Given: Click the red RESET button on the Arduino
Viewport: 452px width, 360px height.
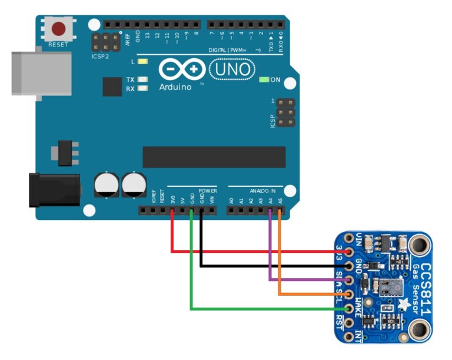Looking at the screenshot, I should pyautogui.click(x=59, y=28).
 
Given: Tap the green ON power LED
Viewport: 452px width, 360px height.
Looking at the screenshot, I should pyautogui.click(x=263, y=79).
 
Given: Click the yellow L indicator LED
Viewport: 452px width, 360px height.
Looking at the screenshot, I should pyautogui.click(x=143, y=62).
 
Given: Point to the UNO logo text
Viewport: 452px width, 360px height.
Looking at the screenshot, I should pyautogui.click(x=232, y=70).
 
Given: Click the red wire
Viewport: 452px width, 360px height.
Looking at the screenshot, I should pyautogui.click(x=247, y=252).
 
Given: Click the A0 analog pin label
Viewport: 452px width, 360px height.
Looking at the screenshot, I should pyautogui.click(x=231, y=201).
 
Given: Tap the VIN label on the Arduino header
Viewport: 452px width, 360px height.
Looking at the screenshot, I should pyautogui.click(x=212, y=201).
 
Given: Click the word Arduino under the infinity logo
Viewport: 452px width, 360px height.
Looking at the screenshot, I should pyautogui.click(x=175, y=87).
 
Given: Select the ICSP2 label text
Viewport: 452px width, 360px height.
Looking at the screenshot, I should pyautogui.click(x=100, y=57).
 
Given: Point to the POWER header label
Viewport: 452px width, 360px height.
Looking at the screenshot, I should pyautogui.click(x=207, y=191).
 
